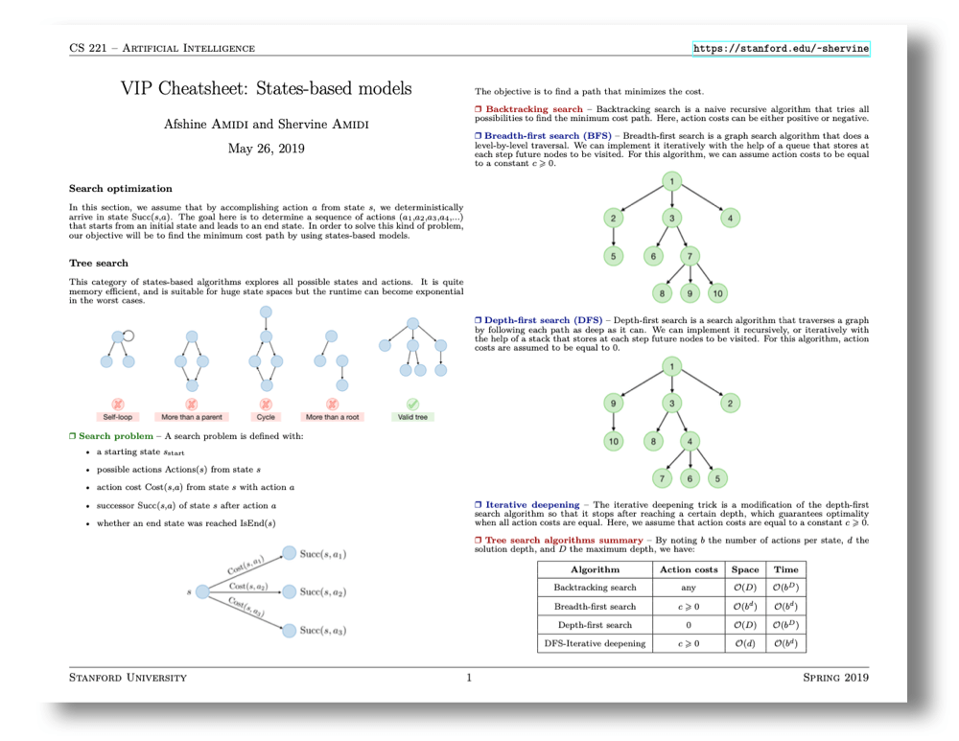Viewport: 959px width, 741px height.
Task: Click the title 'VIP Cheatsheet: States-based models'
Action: click(x=266, y=88)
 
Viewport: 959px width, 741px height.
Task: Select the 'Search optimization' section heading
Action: click(x=121, y=189)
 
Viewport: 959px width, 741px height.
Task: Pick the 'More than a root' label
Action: click(x=332, y=417)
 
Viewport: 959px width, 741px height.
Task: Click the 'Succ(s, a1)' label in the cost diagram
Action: click(x=322, y=554)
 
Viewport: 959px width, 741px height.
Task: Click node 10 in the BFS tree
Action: click(x=718, y=293)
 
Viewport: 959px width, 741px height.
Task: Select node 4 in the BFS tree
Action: click(x=730, y=219)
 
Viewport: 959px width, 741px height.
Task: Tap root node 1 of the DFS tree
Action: click(x=673, y=366)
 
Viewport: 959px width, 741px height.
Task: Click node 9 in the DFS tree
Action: click(x=614, y=404)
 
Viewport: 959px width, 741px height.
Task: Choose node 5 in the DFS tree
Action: click(x=718, y=477)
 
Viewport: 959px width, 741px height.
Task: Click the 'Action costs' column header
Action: click(x=689, y=569)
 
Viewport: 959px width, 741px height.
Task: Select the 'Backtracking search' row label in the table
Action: click(x=595, y=588)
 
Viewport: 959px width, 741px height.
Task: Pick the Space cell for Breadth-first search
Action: click(x=744, y=606)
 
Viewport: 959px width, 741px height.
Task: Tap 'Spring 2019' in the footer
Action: click(x=835, y=679)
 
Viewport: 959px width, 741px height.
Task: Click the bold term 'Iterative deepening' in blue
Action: click(x=532, y=504)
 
